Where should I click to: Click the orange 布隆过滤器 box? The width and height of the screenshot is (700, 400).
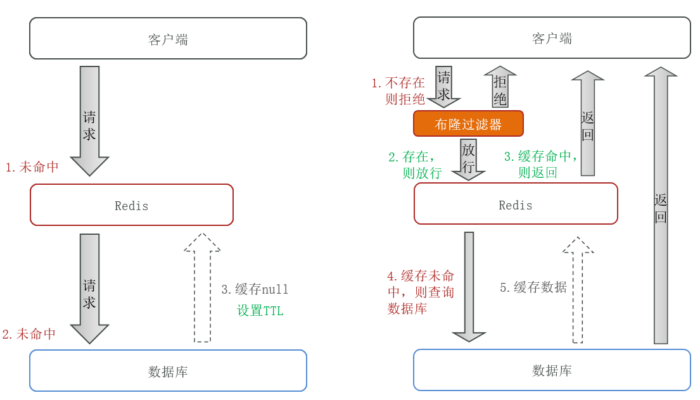click(x=468, y=123)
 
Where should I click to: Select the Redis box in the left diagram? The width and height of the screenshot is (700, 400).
click(x=132, y=205)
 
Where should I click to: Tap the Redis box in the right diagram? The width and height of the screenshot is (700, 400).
click(x=516, y=204)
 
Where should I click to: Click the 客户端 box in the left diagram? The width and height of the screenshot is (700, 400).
click(x=168, y=39)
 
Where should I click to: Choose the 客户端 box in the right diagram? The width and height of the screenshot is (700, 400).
click(x=552, y=38)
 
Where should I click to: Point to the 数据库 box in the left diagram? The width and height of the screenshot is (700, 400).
click(x=168, y=371)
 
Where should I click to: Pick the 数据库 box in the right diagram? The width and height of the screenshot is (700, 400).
click(x=552, y=370)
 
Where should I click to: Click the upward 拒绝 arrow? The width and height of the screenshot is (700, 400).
click(x=500, y=87)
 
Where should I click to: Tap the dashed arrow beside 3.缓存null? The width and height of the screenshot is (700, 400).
click(x=202, y=288)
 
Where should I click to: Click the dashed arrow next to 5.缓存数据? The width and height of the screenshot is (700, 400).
click(x=578, y=290)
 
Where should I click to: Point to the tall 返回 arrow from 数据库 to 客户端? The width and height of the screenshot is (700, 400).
click(x=661, y=206)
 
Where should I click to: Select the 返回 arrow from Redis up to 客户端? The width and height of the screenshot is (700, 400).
click(x=588, y=123)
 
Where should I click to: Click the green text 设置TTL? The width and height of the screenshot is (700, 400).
click(x=260, y=311)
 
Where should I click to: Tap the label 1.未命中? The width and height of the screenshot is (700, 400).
click(x=32, y=167)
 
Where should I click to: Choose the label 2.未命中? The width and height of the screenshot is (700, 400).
click(x=29, y=334)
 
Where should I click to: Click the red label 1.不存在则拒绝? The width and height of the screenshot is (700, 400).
click(x=398, y=91)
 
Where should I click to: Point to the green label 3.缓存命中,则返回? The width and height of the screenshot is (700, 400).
click(x=540, y=165)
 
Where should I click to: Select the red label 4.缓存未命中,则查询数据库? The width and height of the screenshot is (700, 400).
click(x=421, y=292)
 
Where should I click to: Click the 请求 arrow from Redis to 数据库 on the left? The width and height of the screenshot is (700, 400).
click(x=89, y=288)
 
